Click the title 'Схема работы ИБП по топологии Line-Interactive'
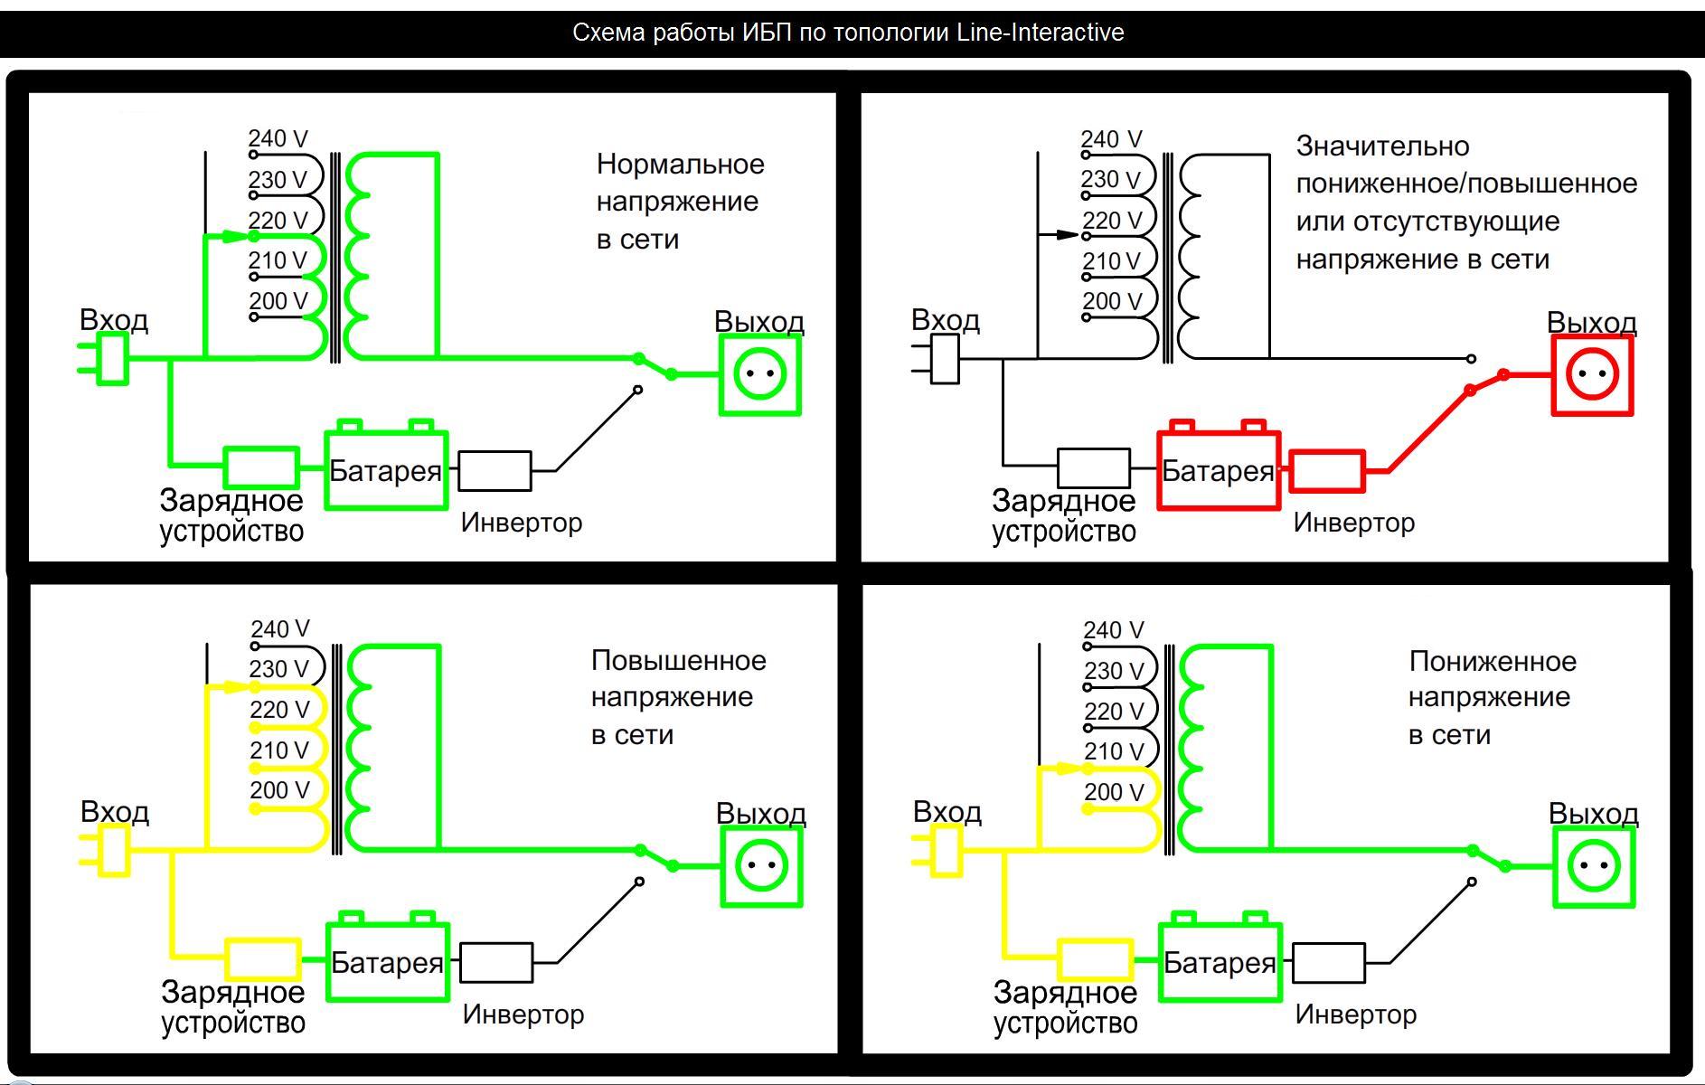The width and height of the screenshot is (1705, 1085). (848, 33)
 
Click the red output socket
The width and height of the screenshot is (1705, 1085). (1592, 375)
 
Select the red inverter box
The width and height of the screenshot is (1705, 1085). (1326, 471)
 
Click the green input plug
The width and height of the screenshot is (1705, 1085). (111, 359)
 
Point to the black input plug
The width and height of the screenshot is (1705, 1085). (944, 359)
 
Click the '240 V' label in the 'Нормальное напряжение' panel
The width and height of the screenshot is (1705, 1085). (278, 139)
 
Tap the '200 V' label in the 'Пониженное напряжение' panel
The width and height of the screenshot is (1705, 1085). (1114, 793)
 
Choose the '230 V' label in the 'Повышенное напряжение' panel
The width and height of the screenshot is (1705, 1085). (280, 670)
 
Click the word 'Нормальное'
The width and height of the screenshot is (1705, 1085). (680, 165)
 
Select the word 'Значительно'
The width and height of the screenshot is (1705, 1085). (1382, 146)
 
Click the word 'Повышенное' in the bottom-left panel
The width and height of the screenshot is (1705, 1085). (678, 661)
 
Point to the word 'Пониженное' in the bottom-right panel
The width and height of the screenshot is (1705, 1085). (1492, 662)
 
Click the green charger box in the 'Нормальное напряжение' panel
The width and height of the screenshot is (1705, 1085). (261, 467)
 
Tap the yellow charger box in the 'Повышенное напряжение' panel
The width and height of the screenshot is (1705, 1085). (262, 959)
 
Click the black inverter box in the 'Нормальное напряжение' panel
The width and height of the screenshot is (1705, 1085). (495, 471)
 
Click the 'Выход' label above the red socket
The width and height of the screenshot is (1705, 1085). (1591, 323)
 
